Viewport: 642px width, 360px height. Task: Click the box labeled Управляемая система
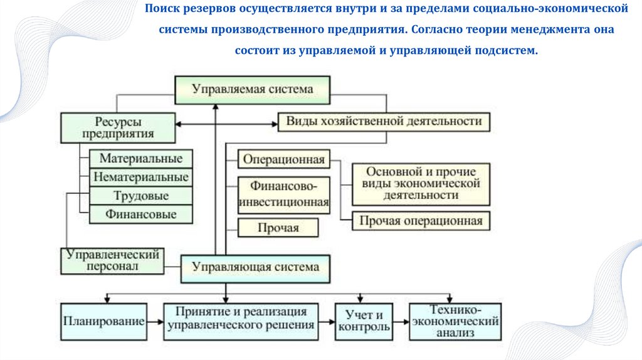click(252, 90)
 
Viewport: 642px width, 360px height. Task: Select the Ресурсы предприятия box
click(117, 127)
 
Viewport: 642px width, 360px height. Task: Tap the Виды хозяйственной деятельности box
click(384, 121)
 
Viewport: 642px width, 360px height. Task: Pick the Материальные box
click(140, 159)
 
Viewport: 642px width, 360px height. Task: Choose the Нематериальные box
click(140, 177)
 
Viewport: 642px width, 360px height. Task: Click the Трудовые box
click(140, 196)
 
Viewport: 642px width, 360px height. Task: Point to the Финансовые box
click(140, 214)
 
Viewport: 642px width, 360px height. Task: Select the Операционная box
click(284, 159)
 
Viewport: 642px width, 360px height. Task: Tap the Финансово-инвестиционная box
click(284, 194)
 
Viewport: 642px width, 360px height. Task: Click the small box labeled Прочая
click(278, 228)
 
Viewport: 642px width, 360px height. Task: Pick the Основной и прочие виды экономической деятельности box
click(421, 184)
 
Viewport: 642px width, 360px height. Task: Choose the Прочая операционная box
click(421, 221)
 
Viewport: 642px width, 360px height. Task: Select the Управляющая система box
click(256, 268)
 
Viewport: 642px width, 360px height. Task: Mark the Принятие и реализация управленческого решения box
click(241, 319)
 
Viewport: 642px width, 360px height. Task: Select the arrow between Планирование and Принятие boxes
click(155, 321)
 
